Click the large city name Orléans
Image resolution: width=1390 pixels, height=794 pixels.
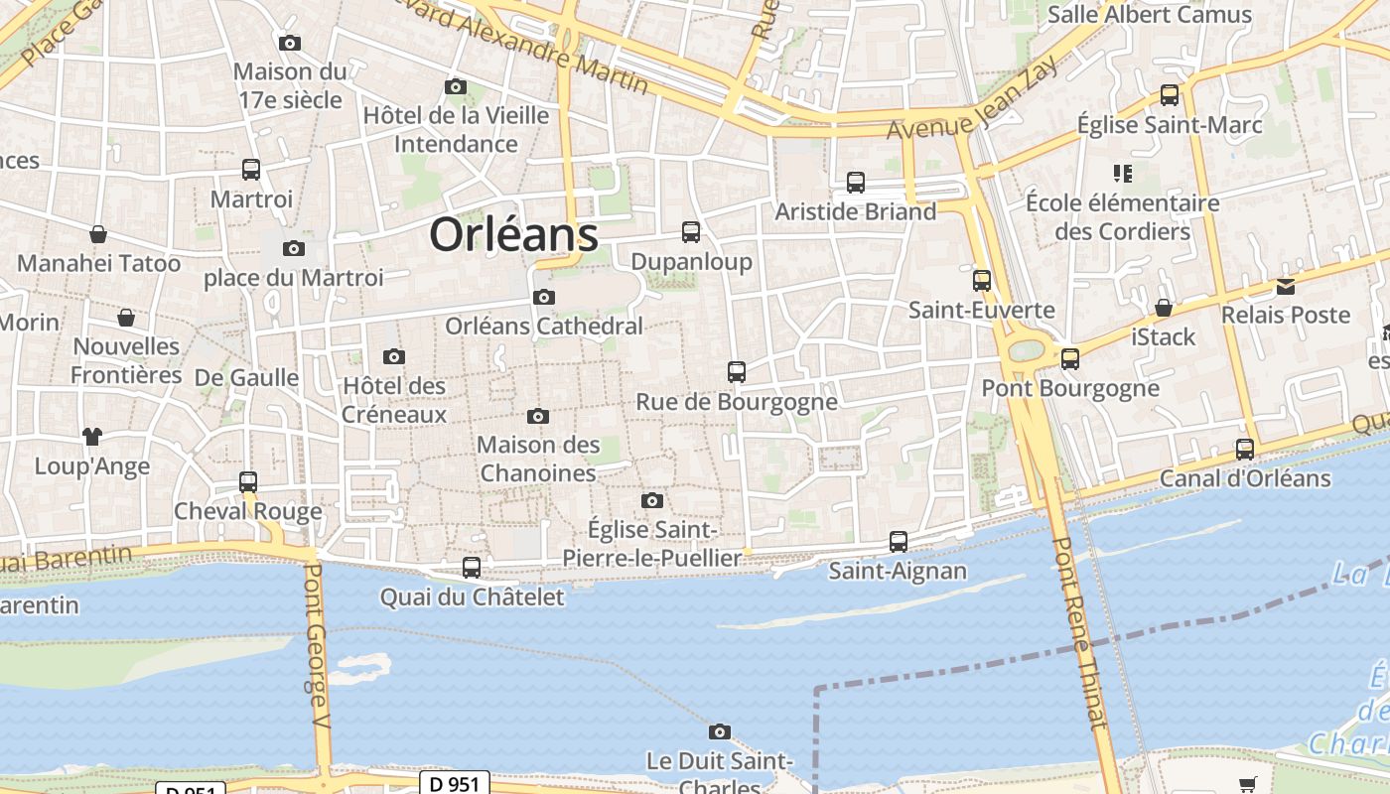[513, 235]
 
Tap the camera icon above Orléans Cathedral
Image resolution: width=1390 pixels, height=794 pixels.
[543, 297]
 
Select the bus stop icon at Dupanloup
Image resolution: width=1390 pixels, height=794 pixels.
[691, 232]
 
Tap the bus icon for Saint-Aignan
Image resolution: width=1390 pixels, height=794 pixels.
[899, 541]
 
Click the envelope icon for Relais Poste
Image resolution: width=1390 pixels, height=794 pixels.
[1286, 287]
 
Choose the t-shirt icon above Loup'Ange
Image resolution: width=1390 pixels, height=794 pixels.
[92, 436]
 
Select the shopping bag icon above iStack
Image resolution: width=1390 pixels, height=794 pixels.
[1164, 308]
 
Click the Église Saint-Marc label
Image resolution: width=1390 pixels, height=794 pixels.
[1170, 125]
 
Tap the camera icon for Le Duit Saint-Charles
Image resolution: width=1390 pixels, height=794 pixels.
[720, 732]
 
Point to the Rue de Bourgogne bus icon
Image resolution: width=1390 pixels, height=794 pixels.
[737, 372]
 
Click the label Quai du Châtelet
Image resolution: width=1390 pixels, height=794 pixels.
[473, 596]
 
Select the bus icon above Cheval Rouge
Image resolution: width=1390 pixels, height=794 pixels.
[248, 482]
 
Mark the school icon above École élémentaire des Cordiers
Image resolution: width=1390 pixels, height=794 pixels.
[1123, 174]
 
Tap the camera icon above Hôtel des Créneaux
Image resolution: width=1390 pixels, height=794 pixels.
[394, 356]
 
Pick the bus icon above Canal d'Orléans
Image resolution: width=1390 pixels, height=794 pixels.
[1245, 449]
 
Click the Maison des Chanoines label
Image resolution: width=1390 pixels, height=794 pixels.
[538, 459]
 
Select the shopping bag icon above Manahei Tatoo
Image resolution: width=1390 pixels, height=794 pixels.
[98, 234]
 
